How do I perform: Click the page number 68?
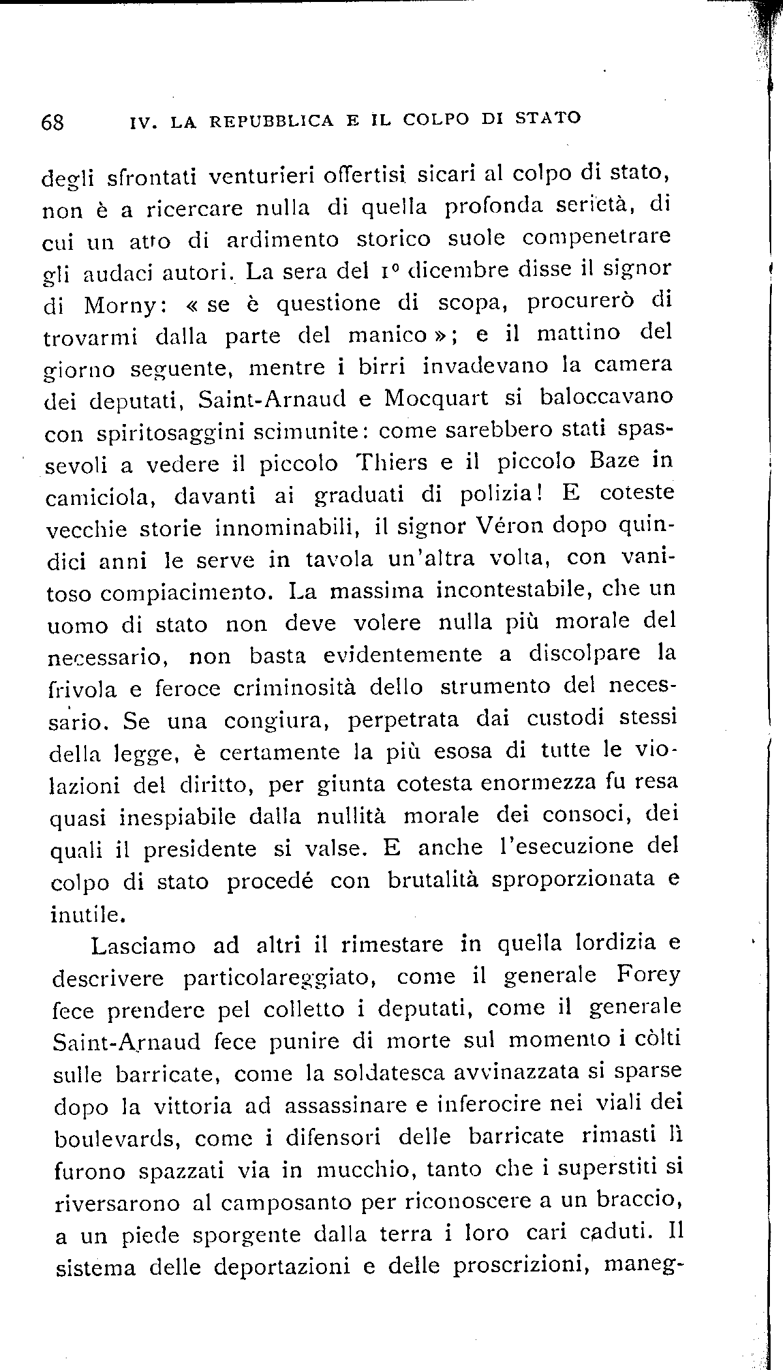(x=52, y=122)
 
